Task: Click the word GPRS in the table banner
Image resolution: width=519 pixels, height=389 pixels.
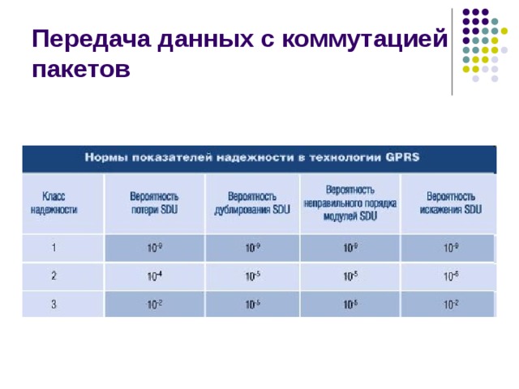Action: (x=403, y=157)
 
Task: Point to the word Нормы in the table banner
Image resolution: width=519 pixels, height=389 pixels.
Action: (x=105, y=157)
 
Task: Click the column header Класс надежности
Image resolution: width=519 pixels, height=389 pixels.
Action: (x=54, y=203)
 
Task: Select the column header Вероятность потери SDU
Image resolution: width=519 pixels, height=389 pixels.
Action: (x=154, y=203)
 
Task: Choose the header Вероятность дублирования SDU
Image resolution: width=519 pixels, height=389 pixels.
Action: (x=251, y=203)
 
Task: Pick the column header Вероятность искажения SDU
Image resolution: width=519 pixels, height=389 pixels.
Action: (x=451, y=203)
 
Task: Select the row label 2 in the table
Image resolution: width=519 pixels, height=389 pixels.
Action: (x=54, y=276)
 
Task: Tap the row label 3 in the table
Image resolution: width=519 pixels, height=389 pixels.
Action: (x=54, y=305)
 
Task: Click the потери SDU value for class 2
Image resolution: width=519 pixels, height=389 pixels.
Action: (x=154, y=276)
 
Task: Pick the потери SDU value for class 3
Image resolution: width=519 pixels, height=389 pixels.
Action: (x=154, y=305)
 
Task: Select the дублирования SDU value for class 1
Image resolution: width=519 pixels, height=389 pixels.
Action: (x=253, y=247)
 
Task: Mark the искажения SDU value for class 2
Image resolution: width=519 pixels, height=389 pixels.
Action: (x=451, y=276)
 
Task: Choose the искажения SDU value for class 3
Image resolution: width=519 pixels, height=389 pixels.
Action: (x=451, y=305)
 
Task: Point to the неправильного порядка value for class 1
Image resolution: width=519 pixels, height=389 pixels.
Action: (x=350, y=247)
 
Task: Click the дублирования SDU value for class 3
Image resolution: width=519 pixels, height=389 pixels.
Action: (x=253, y=305)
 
